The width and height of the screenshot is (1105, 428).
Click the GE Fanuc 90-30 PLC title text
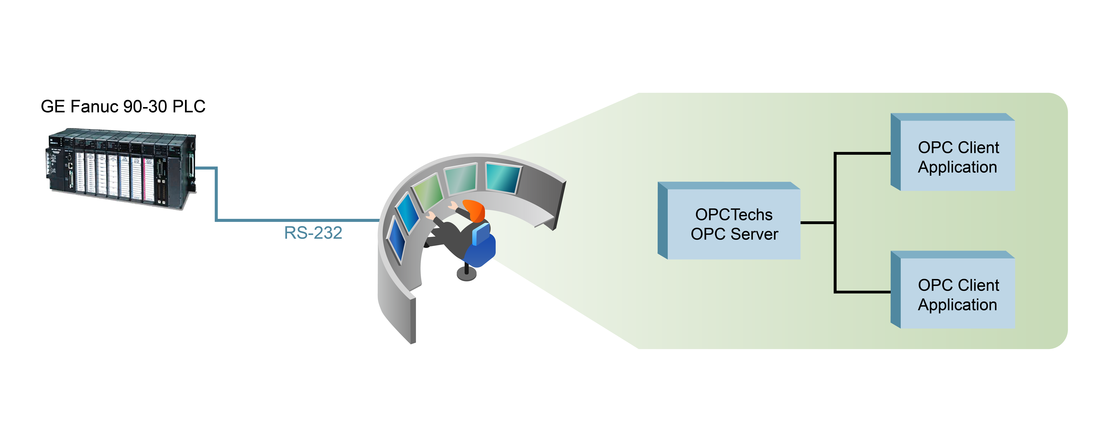[123, 106]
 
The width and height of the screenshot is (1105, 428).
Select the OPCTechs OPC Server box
[733, 223]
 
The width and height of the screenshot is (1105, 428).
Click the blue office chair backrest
[481, 234]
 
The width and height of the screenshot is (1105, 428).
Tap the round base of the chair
[467, 274]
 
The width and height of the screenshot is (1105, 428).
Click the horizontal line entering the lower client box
[862, 292]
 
